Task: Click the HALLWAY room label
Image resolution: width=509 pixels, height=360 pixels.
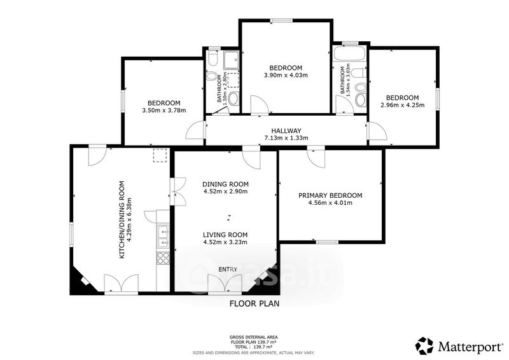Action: tap(286, 131)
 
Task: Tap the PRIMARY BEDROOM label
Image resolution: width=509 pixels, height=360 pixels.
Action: tap(330, 195)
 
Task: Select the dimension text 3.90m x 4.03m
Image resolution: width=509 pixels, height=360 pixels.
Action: tap(286, 75)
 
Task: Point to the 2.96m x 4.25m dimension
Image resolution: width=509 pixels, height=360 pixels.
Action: tap(402, 105)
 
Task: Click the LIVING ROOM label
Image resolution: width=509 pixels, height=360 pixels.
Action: tap(225, 235)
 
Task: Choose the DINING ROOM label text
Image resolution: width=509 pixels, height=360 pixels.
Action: tap(225, 184)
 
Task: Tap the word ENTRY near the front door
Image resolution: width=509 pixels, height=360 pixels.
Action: tap(228, 270)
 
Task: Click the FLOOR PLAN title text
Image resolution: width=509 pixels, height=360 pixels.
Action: tap(254, 303)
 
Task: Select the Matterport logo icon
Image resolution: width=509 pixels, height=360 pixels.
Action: tap(425, 346)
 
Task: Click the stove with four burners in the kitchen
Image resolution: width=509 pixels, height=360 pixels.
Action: tap(163, 258)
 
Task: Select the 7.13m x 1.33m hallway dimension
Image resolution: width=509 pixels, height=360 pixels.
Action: tap(286, 138)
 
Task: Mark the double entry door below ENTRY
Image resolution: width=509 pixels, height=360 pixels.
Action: tap(225, 284)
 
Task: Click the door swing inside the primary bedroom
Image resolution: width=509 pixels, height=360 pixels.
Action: tap(316, 158)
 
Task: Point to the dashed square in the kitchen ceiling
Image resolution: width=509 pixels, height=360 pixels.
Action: tap(160, 155)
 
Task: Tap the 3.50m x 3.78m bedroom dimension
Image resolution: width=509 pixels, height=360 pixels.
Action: tap(164, 111)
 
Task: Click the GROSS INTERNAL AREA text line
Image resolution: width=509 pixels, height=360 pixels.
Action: tap(253, 338)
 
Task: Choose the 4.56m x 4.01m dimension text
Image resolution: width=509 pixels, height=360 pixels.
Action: tap(330, 203)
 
